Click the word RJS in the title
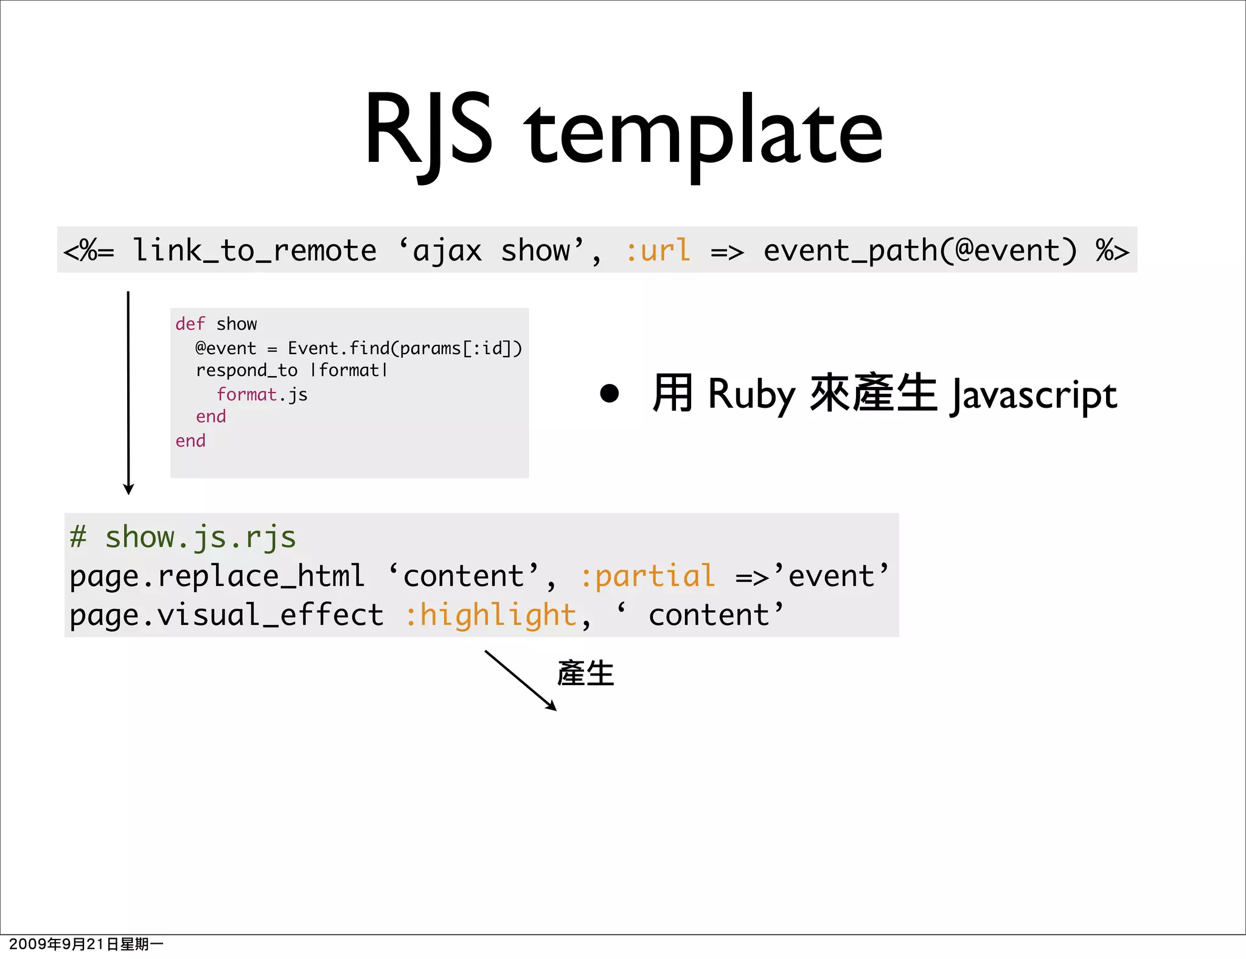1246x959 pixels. tap(428, 131)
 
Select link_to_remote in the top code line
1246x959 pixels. tap(254, 251)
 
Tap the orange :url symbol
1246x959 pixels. tap(658, 251)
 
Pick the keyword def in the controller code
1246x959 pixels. tap(190, 324)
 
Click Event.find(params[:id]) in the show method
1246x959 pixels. tap(405, 348)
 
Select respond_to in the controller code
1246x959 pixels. tap(246, 370)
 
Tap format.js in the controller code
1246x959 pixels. tap(262, 394)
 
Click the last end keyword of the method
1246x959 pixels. tap(190, 441)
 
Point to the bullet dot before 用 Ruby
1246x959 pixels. tap(609, 393)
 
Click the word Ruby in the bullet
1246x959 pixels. tap(751, 394)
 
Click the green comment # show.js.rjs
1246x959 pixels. tap(183, 537)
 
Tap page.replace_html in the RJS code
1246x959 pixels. tap(217, 576)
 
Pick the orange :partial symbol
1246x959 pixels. tap(647, 576)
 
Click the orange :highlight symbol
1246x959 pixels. tap(491, 615)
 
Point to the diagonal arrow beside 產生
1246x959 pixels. tap(520, 680)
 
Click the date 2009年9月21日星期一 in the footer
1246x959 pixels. tap(86, 944)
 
